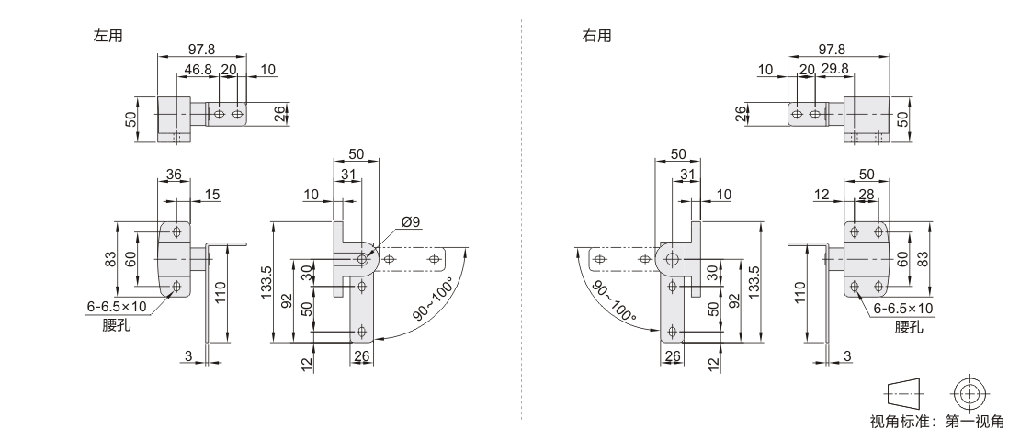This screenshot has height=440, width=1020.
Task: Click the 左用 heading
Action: coord(108,36)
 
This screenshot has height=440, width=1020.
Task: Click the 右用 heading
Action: coord(596,36)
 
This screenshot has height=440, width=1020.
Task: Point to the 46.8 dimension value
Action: coord(198,70)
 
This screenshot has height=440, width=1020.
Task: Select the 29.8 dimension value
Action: coord(834,70)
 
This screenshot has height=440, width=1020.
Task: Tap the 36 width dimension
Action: coord(174,175)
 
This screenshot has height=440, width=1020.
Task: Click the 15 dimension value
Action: coord(212,195)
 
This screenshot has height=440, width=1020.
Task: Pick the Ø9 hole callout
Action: coord(411,222)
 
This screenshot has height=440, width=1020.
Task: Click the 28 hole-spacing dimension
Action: coord(867,195)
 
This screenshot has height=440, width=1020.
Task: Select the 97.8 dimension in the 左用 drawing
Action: coord(201,50)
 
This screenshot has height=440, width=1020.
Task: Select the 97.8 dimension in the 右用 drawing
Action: coord(832,50)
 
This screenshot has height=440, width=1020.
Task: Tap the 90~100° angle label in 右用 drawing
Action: coord(614,301)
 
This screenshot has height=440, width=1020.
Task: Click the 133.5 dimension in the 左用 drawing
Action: coord(266,283)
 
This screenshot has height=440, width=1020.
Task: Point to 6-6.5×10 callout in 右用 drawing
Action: coord(903,309)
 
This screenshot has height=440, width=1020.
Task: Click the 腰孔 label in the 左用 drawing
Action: coord(117,325)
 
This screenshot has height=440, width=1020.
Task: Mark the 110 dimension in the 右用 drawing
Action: coord(800,293)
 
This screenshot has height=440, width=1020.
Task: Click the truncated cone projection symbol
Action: coord(903,393)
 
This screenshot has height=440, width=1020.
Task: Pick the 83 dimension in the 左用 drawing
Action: coord(110,259)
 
